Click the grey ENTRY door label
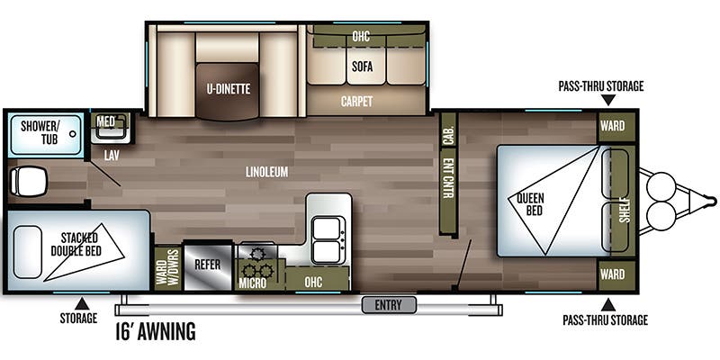click(389, 305)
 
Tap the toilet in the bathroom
click(28, 181)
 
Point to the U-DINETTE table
click(228, 92)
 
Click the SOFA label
click(363, 67)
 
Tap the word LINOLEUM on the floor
click(266, 172)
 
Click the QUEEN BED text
click(531, 204)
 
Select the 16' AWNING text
click(156, 331)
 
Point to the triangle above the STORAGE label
click(82, 303)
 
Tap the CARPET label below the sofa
click(356, 102)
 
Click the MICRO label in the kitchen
click(253, 283)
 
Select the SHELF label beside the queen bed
click(624, 210)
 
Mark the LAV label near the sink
click(112, 156)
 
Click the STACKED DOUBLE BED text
click(76, 244)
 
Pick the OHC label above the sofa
click(362, 36)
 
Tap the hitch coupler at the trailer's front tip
click(711, 201)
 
